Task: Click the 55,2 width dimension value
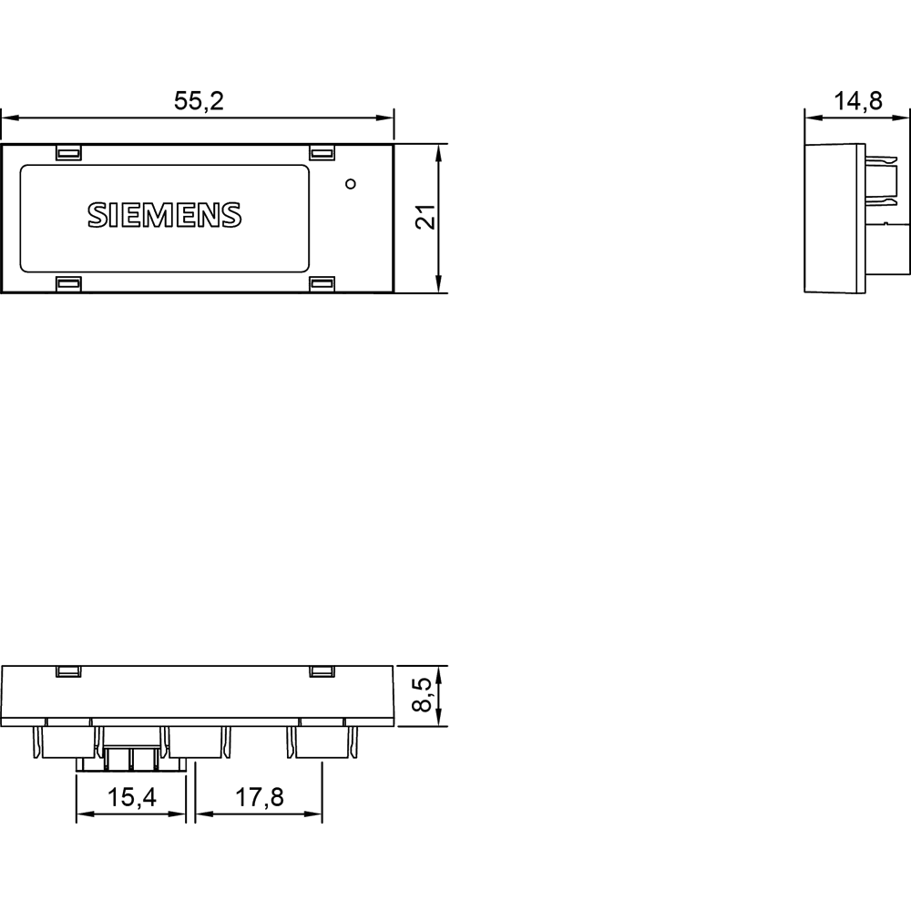198,101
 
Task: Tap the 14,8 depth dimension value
857,101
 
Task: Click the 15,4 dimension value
132,798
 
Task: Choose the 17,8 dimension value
260,798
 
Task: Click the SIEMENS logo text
164,214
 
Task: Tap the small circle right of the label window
351,185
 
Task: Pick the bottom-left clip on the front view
68,284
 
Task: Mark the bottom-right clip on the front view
322,284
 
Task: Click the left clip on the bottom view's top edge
68,671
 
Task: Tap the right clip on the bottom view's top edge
322,671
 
